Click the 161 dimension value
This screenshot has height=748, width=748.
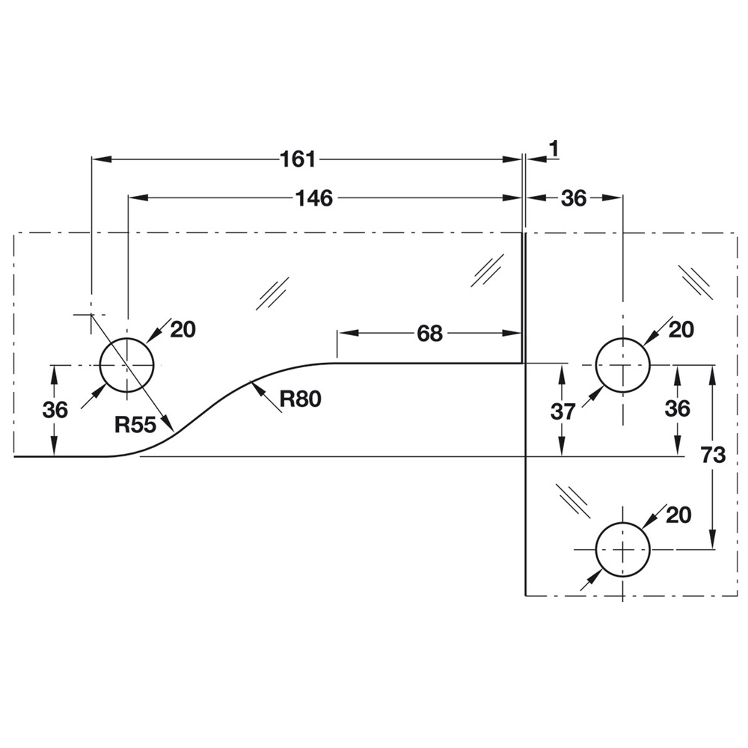coord(298,159)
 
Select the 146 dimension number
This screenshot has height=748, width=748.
coord(313,197)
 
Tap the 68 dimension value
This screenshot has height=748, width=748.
coord(429,334)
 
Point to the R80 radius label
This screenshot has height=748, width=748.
coord(301,399)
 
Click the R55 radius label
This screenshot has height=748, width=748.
coord(135,425)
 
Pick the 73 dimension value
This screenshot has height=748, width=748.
coord(714,456)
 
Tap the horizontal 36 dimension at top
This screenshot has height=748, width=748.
coord(574,197)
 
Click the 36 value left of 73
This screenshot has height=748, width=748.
coord(677,409)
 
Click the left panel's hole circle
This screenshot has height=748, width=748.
coord(127,365)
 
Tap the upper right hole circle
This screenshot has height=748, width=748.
coord(622,365)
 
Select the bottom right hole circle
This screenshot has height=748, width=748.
coord(622,548)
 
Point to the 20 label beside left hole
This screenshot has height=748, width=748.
coord(183,329)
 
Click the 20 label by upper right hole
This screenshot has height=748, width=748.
coord(681,329)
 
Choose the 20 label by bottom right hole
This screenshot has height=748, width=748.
coord(678,515)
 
